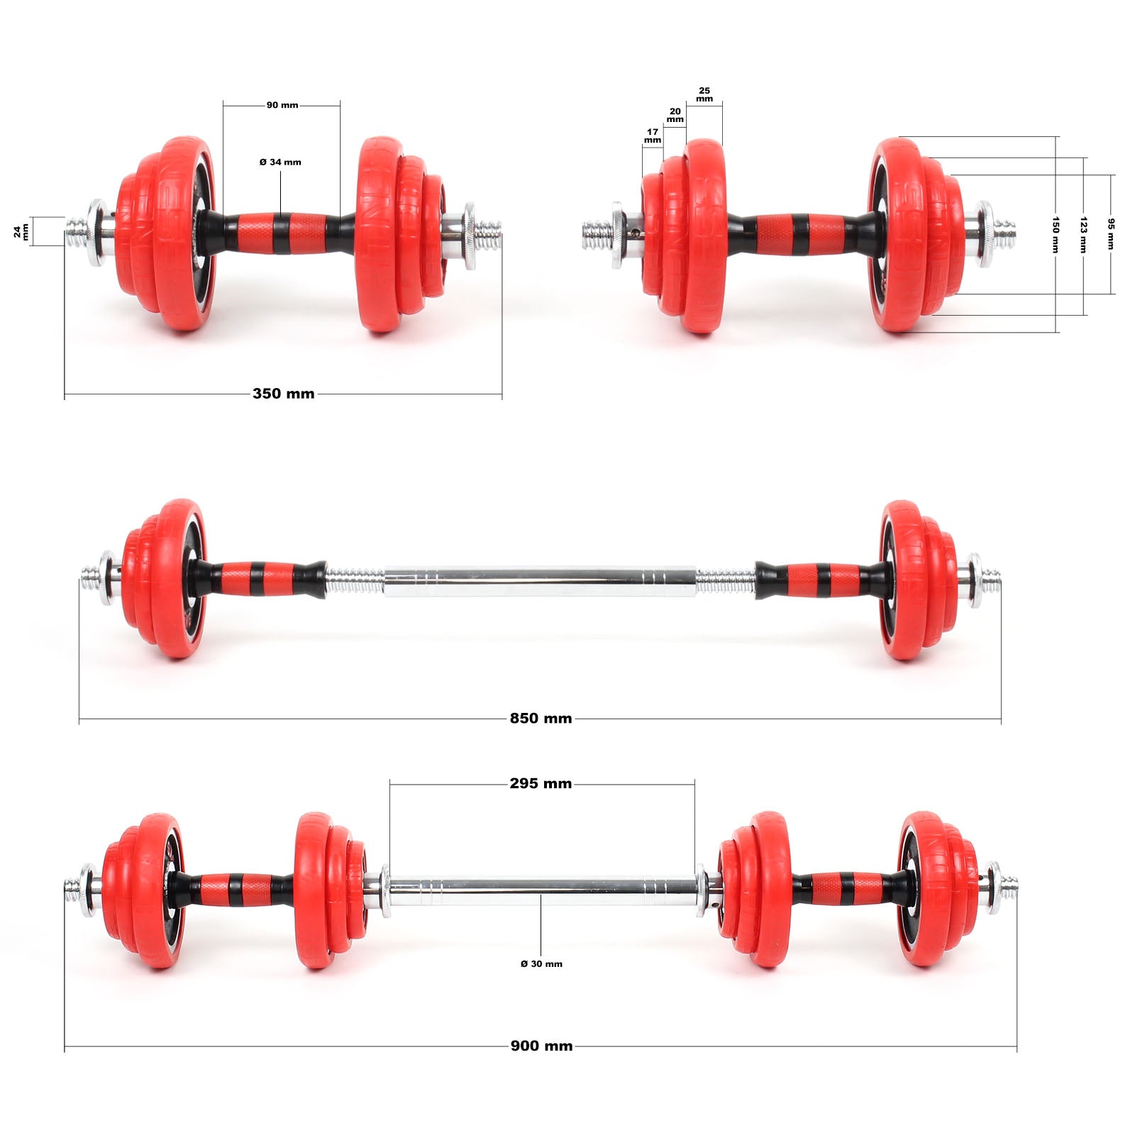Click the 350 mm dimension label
coord(283,394)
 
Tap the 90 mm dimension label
coord(282,105)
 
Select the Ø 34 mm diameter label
coord(280,162)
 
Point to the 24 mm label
coord(22,231)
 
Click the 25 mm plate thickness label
coord(704,94)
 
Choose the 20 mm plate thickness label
coord(675,115)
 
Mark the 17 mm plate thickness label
coord(653,135)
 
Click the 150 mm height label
coord(1056,234)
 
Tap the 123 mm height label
coord(1083,234)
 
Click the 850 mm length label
coord(541,719)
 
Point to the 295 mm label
coord(541,784)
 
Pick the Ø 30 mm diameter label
coord(541,964)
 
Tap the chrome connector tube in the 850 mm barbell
coord(539,580)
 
